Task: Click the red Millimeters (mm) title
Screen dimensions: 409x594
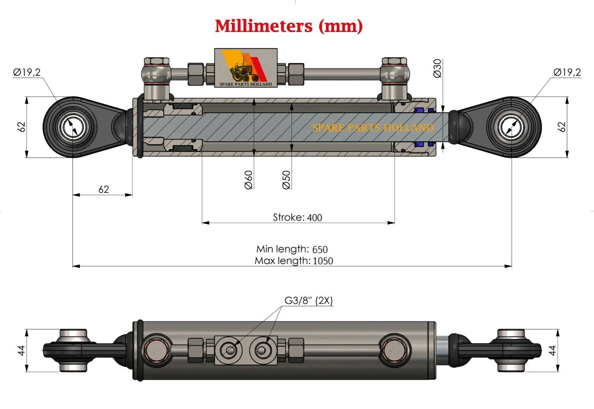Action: (289, 26)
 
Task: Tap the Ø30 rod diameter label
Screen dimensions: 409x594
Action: (438, 68)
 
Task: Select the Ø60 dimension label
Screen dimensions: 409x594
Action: (249, 180)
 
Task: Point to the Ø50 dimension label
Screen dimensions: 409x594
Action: (286, 180)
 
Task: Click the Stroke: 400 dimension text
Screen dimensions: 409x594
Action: (297, 217)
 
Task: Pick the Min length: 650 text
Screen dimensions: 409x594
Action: (292, 249)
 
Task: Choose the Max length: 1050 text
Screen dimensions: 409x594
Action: (294, 261)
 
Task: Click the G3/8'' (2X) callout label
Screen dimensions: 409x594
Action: (309, 301)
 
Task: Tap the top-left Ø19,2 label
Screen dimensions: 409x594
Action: (27, 72)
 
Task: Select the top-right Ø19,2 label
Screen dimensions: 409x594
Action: (567, 72)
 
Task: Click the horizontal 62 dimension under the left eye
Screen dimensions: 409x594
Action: (104, 189)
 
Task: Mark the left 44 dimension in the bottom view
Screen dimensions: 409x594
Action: (22, 350)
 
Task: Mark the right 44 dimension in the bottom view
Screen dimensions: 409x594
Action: (553, 350)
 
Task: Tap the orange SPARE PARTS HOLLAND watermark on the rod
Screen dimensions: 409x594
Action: (373, 128)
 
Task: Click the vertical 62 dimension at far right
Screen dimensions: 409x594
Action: (562, 127)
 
